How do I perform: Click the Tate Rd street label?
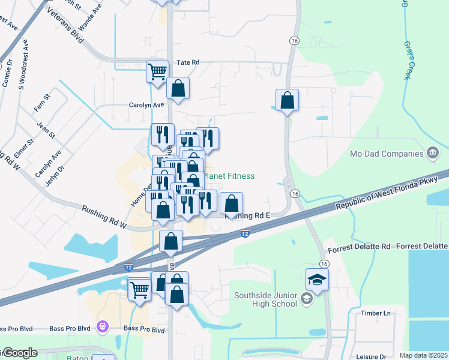(x=187, y=62)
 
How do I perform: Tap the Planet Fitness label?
(x=229, y=176)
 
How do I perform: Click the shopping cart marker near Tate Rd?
(x=157, y=72)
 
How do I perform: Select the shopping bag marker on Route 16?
(x=288, y=100)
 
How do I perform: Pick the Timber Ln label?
(x=375, y=313)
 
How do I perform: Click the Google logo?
(x=19, y=353)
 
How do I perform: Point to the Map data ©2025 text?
(x=423, y=355)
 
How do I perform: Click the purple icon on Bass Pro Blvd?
(x=103, y=326)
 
